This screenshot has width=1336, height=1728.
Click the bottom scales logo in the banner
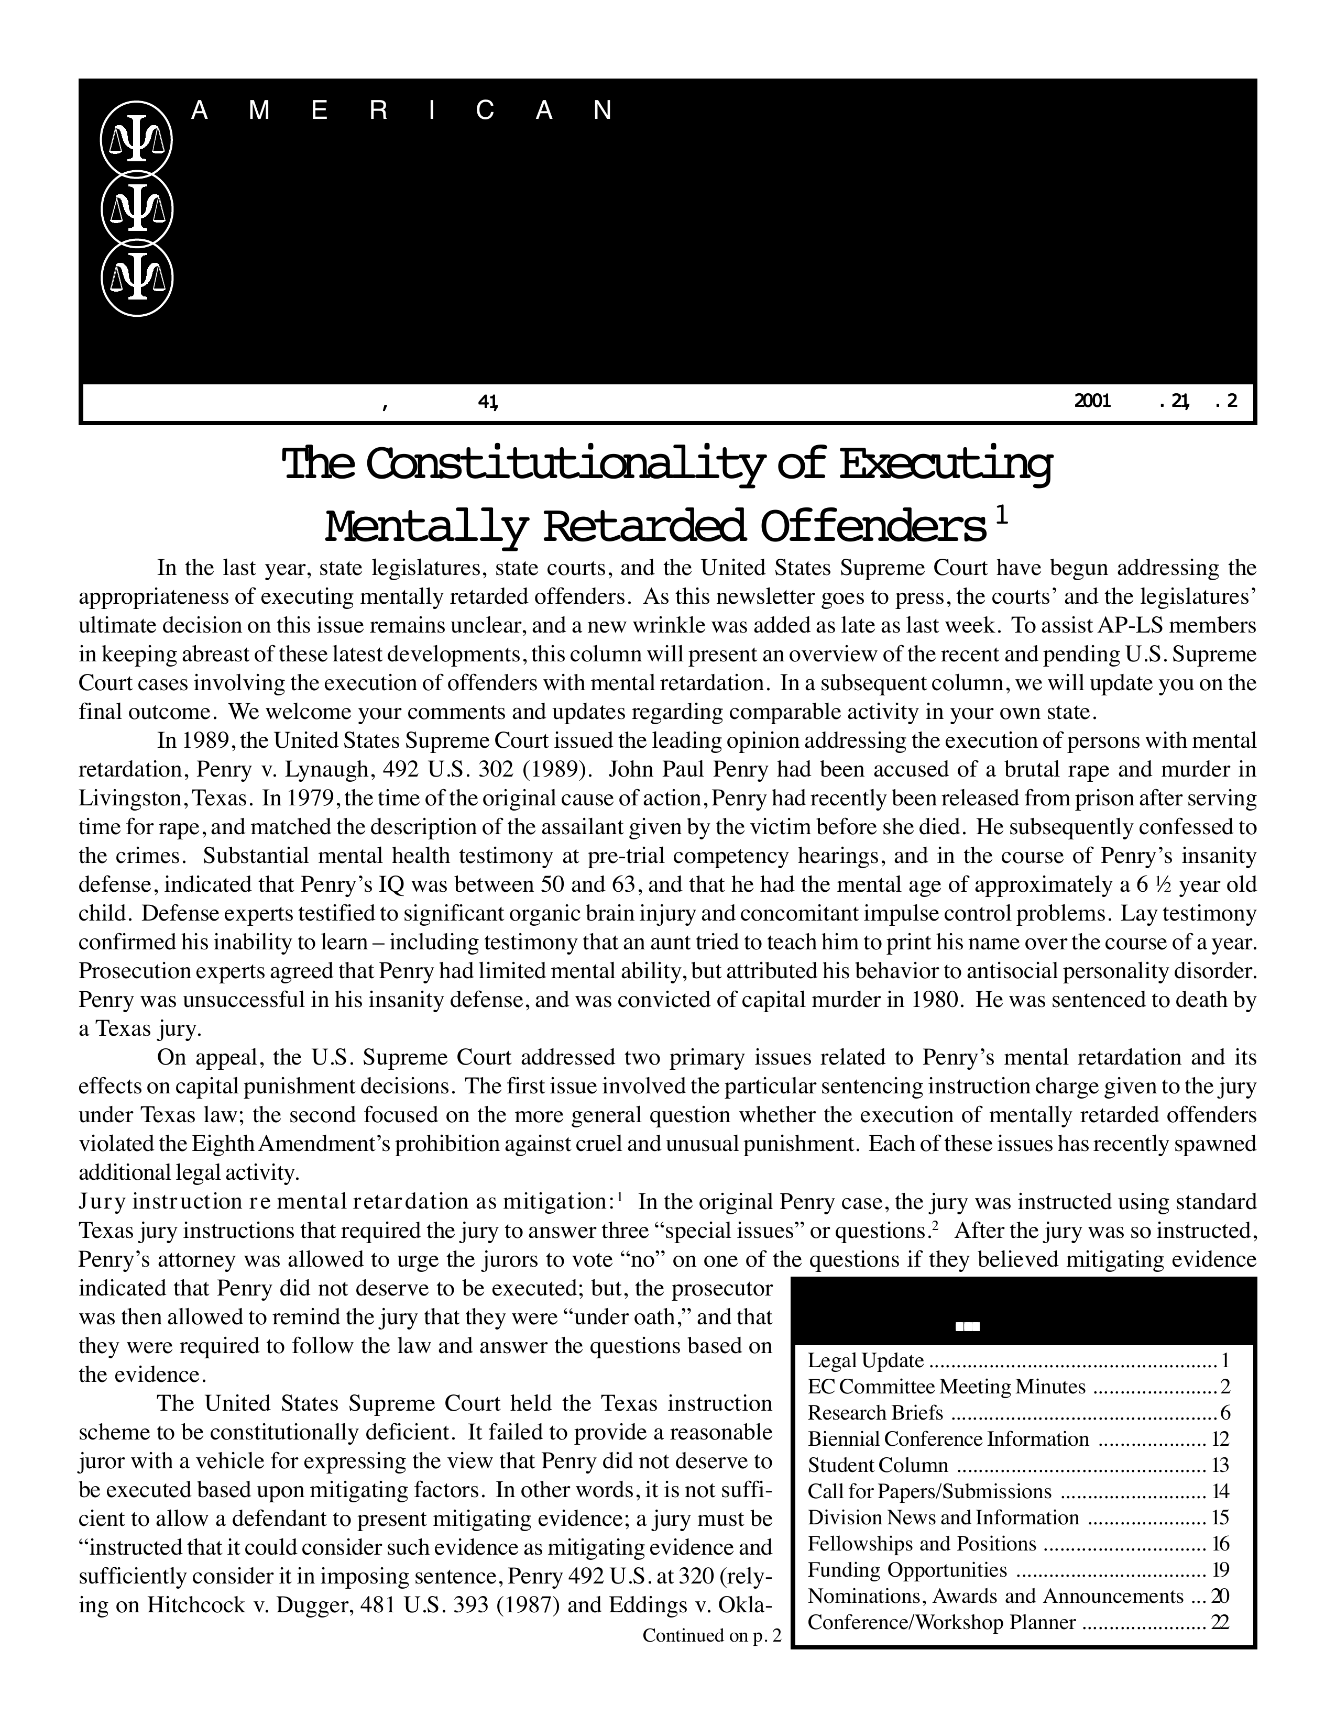(136, 279)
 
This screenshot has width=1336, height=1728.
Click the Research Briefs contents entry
(875, 1413)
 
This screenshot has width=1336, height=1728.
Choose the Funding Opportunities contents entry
(907, 1570)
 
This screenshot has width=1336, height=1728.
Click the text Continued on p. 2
(711, 1635)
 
